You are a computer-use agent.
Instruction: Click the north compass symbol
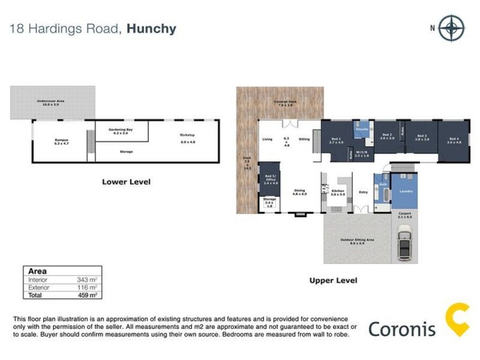451,28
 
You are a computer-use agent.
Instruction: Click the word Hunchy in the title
151,29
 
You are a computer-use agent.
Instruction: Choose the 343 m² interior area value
87,280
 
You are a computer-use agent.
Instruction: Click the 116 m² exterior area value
87,287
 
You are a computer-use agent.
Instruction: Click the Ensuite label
362,129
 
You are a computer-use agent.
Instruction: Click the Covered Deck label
283,103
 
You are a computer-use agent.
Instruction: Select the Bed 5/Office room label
269,178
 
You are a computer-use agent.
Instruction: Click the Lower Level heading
126,181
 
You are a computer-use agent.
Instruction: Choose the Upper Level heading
333,280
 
